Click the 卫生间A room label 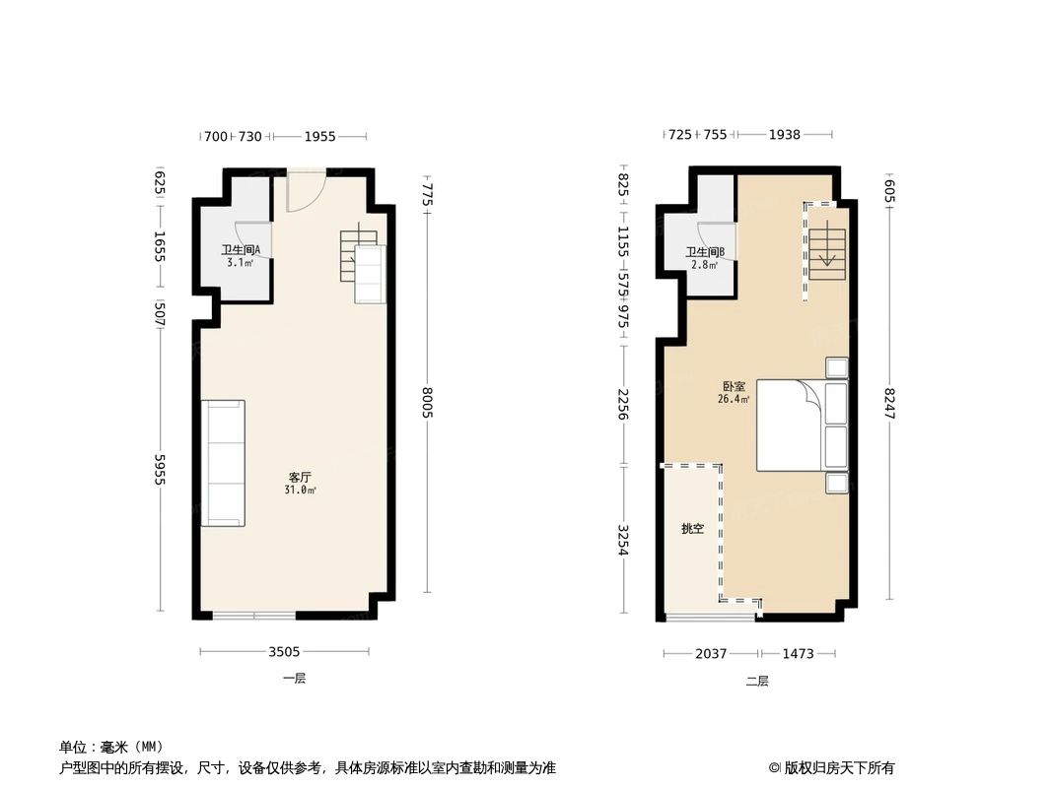point(240,250)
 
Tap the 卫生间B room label point(705,252)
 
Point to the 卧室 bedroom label point(734,387)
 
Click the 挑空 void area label point(692,529)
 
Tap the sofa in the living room point(223,463)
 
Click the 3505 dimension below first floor point(286,651)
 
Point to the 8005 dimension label point(428,402)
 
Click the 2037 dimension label point(710,653)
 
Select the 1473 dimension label point(798,653)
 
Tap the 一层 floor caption point(294,679)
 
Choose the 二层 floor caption point(756,681)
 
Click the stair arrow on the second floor point(827,259)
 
